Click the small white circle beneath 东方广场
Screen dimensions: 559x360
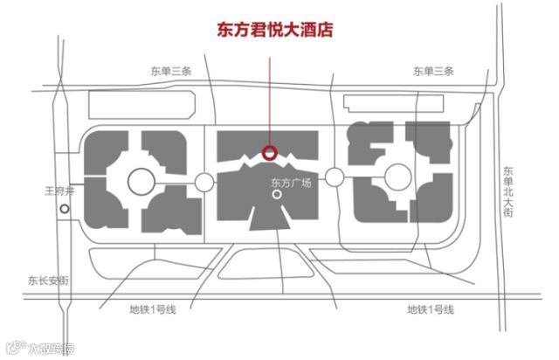(278, 197)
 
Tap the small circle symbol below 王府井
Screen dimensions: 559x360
(63, 209)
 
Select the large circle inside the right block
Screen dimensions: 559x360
(398, 176)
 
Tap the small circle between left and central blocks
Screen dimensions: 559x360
(204, 182)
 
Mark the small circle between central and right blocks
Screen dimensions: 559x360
(334, 176)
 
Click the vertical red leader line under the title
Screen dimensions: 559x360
(270, 96)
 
